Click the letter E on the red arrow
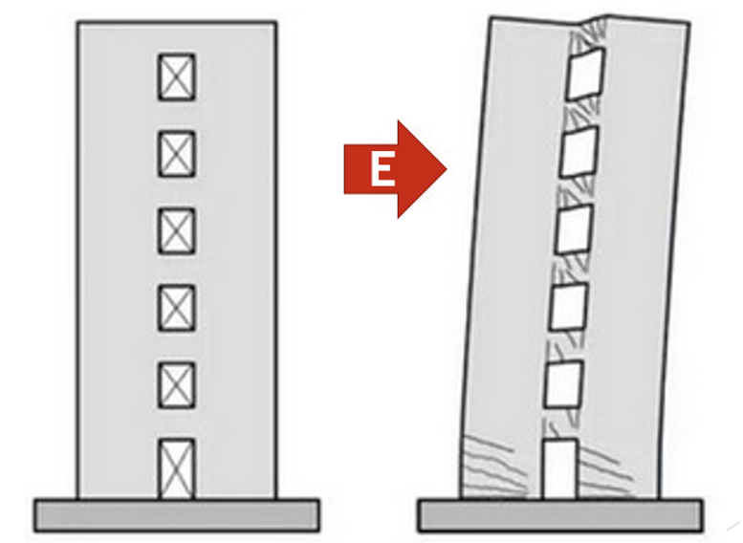coord(382,170)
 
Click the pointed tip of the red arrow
coord(447,168)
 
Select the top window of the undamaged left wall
coord(176,77)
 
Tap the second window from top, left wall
coord(176,154)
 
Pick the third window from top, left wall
coord(176,230)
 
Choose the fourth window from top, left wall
coord(176,308)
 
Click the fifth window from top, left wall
coord(176,385)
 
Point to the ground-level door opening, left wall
coord(176,469)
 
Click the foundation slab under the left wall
coord(176,515)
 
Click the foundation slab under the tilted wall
coord(560,515)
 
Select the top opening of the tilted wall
coord(585,74)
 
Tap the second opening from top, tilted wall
coord(579,152)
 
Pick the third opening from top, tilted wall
coord(574,229)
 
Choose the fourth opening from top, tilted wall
coord(568,307)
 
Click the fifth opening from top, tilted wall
coord(563,384)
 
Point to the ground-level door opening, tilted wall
coord(559,469)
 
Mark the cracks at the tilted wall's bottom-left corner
coord(492,469)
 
